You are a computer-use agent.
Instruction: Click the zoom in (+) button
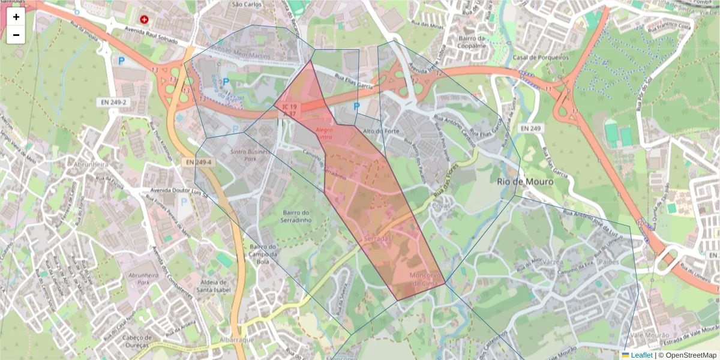16,17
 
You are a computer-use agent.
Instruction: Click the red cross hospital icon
144,19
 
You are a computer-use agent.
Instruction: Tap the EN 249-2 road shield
113,103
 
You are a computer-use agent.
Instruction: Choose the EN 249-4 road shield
196,162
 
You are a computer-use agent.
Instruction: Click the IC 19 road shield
289,107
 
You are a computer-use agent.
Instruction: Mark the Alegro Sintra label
324,133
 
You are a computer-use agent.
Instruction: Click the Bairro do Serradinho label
295,216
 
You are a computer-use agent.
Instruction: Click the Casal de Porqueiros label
541,58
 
